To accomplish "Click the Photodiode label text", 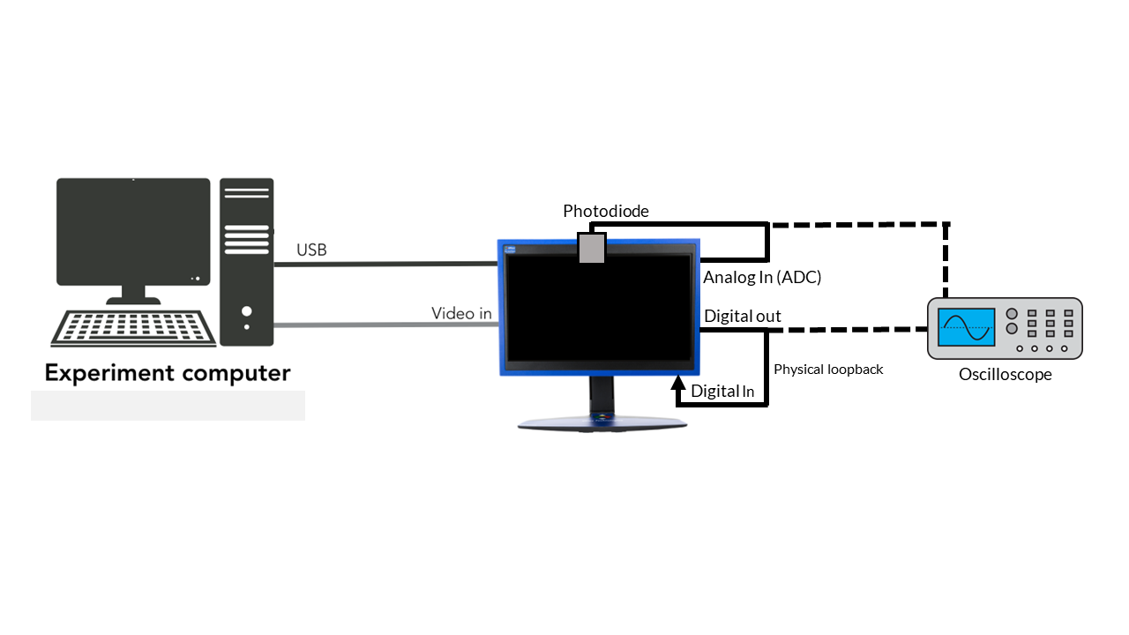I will pyautogui.click(x=606, y=212).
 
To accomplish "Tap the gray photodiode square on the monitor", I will pyautogui.click(x=591, y=247).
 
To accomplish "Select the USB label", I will pyautogui.click(x=311, y=250).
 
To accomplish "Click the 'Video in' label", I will pyautogui.click(x=461, y=313).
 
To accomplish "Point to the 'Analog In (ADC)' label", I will pyautogui.click(x=762, y=277).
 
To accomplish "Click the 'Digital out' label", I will pyautogui.click(x=742, y=317).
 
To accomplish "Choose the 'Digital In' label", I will pyautogui.click(x=722, y=391).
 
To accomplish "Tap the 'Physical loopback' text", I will pyautogui.click(x=828, y=370).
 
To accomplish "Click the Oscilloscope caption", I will pyautogui.click(x=1006, y=375).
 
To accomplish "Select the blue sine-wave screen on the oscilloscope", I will pyautogui.click(x=967, y=327).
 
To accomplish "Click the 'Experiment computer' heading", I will pyautogui.click(x=168, y=373).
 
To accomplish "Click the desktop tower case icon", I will pyautogui.click(x=247, y=262).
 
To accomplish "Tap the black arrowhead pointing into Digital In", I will pyautogui.click(x=678, y=382).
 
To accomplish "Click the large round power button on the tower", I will pyautogui.click(x=246, y=311).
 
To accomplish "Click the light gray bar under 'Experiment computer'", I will pyautogui.click(x=168, y=406).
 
